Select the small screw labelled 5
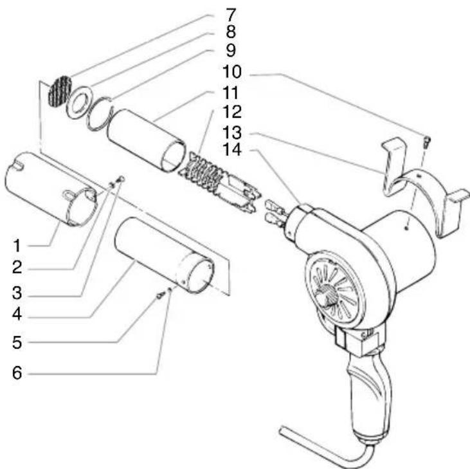(159, 295)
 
